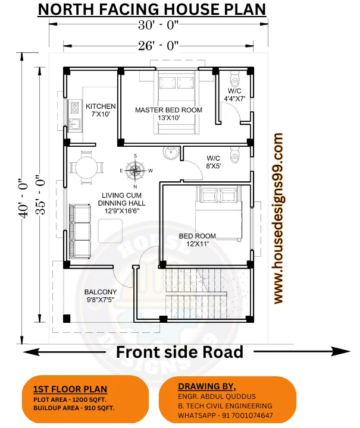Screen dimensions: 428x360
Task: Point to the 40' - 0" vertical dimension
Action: click(x=24, y=199)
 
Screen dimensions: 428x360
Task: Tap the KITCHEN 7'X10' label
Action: click(x=101, y=110)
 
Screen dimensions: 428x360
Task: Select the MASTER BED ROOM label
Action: click(x=168, y=114)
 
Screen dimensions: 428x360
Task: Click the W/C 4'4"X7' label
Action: click(x=234, y=95)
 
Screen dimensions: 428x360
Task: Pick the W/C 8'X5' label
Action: click(x=214, y=162)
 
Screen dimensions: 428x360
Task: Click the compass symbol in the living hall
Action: click(x=136, y=171)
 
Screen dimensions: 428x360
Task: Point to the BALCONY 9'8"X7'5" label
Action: click(x=100, y=295)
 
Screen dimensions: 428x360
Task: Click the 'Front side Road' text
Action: click(x=179, y=352)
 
